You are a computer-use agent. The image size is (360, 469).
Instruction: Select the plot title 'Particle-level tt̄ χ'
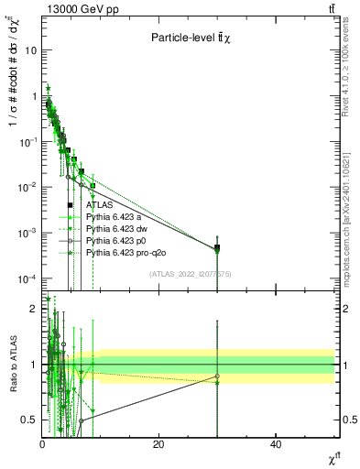click(x=195, y=38)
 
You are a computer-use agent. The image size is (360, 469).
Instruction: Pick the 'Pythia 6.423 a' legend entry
click(x=115, y=217)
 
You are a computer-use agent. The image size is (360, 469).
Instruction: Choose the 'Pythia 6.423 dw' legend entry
click(x=116, y=228)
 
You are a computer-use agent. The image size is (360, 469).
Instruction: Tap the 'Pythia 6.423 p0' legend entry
click(x=116, y=240)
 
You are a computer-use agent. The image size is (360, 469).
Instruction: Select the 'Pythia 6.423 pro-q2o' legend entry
click(x=125, y=251)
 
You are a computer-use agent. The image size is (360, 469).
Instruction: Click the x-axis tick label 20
click(x=158, y=444)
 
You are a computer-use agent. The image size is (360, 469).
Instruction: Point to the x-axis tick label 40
click(x=276, y=444)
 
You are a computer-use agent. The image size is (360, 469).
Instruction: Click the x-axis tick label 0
click(x=42, y=444)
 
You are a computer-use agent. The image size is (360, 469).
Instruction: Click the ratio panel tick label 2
click(x=34, y=309)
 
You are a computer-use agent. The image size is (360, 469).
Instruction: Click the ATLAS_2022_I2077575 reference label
click(x=191, y=274)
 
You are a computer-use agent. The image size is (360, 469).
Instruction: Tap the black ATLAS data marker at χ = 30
click(x=217, y=248)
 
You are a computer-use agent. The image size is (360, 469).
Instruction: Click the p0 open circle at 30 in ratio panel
click(x=217, y=376)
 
